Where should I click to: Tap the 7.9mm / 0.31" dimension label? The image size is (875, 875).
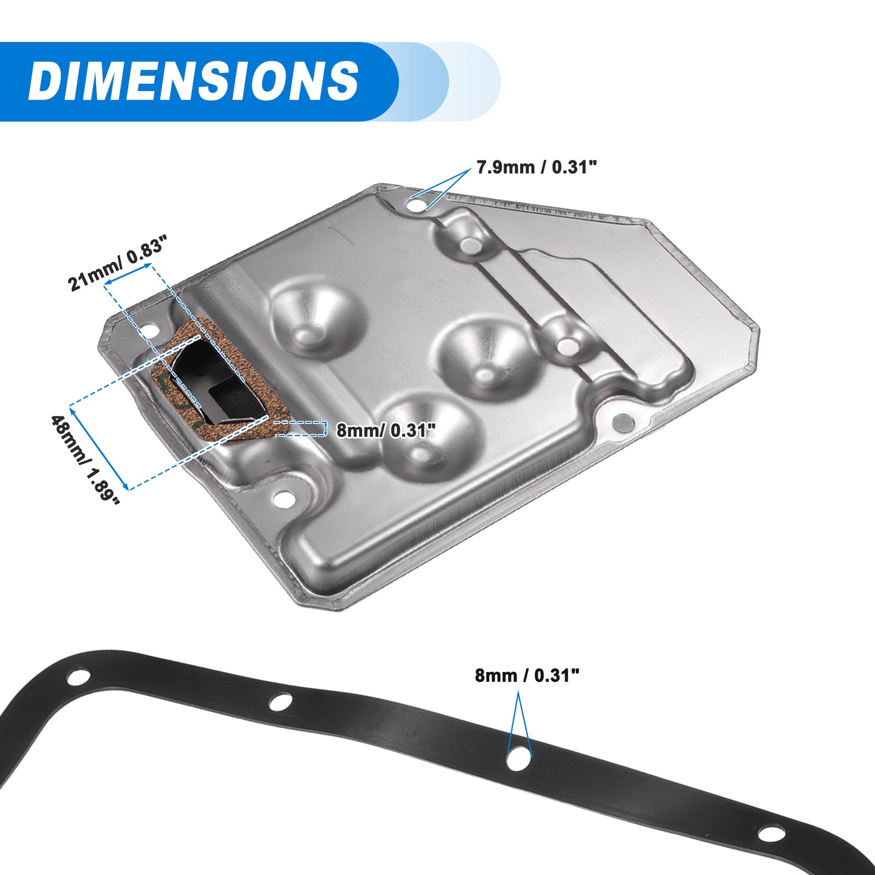click(536, 168)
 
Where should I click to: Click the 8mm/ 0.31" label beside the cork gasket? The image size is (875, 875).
click(385, 430)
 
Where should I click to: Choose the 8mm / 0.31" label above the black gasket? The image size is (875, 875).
click(527, 675)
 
